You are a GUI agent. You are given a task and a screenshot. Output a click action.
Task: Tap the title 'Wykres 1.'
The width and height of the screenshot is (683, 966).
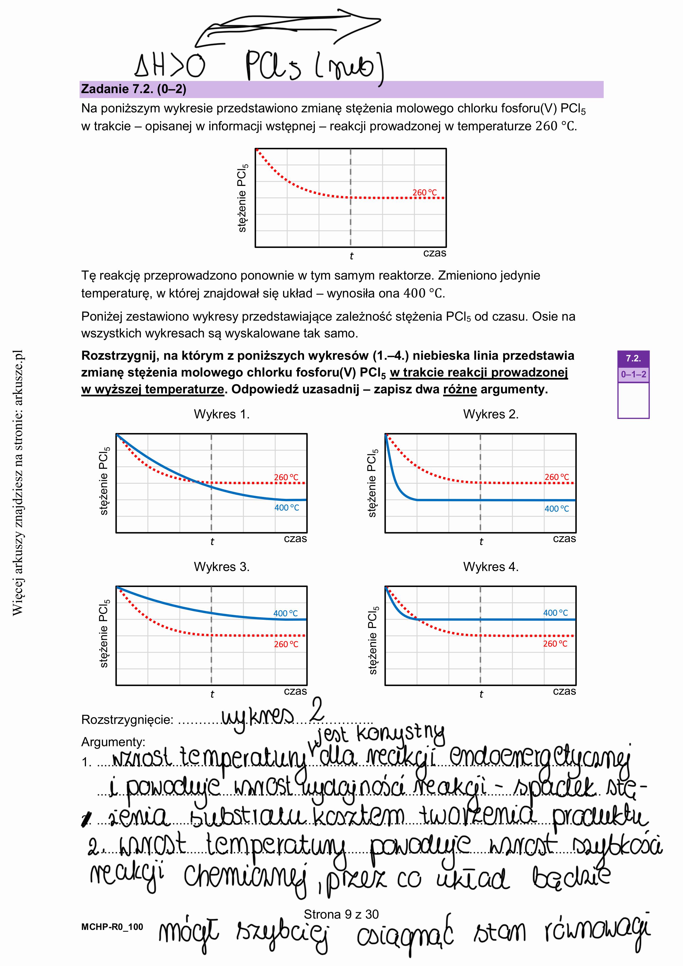point(222,415)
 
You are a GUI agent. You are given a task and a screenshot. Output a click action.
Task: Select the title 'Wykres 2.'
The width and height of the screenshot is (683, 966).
point(491,415)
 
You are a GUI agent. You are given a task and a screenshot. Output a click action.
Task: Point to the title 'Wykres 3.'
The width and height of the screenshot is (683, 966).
point(222,567)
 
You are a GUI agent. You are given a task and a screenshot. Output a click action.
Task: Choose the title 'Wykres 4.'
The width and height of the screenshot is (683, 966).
point(491,567)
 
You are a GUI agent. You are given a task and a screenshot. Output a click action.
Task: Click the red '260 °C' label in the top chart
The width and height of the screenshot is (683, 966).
point(424,193)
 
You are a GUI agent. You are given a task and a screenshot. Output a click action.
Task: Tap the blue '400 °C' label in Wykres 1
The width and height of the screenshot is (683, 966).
point(286,508)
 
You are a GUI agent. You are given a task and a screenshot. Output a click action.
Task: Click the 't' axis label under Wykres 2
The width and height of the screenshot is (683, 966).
point(481,542)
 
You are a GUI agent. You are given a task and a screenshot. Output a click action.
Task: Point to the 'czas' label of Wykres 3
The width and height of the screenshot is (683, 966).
point(295,691)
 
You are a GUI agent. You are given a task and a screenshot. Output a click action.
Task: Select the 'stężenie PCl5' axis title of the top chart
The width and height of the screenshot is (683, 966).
point(243,198)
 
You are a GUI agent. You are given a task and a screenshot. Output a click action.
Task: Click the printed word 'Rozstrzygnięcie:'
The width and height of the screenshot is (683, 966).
point(127,720)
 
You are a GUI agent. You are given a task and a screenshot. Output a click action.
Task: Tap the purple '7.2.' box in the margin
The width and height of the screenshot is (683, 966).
point(633,358)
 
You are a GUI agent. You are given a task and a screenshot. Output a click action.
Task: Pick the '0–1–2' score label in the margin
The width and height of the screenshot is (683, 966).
point(633,374)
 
